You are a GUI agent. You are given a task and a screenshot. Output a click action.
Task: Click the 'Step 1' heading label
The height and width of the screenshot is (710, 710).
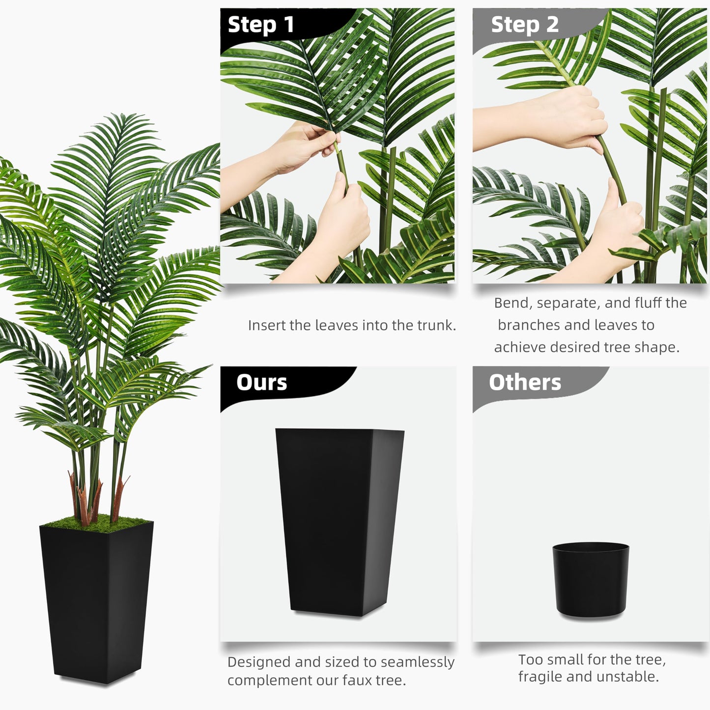261,25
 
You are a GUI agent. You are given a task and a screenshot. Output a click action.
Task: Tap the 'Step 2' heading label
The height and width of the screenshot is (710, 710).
525,25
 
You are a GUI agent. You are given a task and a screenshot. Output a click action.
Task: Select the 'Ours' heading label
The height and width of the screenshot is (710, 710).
261,382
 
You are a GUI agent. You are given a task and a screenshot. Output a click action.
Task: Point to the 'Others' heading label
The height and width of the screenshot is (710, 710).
525,382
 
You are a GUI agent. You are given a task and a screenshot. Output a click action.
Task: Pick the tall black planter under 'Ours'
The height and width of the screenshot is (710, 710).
339,521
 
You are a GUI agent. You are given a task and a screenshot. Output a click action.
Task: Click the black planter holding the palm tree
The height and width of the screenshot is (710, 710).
97,602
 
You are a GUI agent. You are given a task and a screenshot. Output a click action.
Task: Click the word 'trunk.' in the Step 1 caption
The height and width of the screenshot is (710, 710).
437,325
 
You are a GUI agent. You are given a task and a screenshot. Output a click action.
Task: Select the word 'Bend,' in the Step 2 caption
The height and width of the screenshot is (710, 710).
513,303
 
